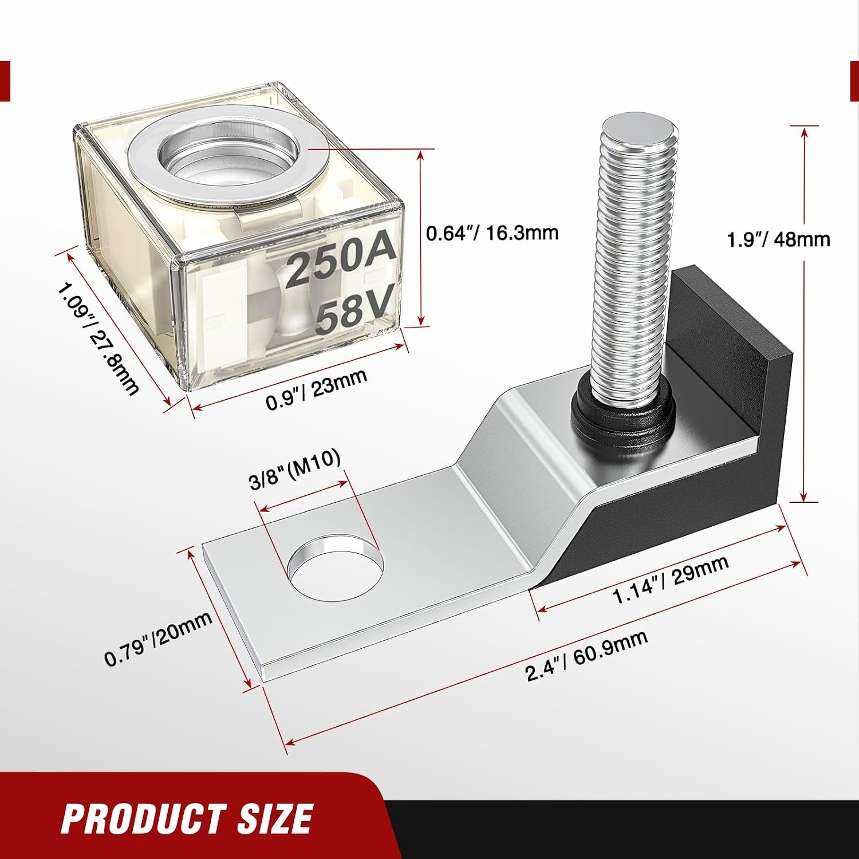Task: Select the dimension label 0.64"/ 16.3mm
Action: pos(492,233)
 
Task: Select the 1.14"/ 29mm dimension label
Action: pos(671,578)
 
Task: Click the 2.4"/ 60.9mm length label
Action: pos(587,656)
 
